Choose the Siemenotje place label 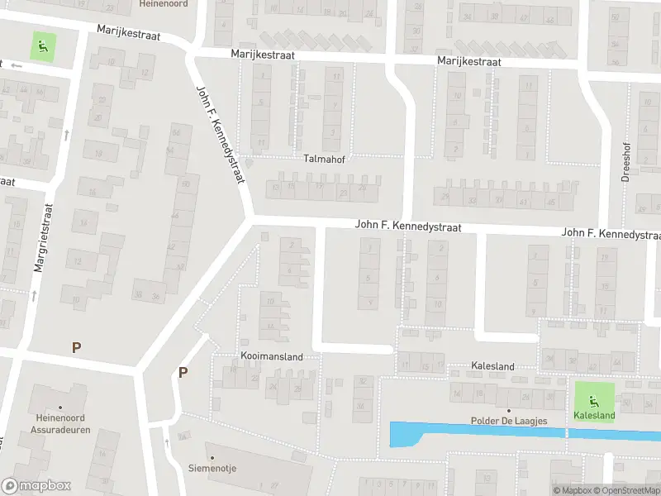pos(212,468)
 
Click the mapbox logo pos(36,486)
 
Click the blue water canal pos(463,432)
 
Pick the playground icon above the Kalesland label pos(595,398)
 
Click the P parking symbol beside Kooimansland pos(183,373)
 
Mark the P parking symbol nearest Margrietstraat pos(76,348)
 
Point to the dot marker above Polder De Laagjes pos(509,410)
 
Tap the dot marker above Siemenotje pos(212,457)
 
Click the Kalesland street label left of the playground pos(492,366)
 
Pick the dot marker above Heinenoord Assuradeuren pos(59,384)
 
